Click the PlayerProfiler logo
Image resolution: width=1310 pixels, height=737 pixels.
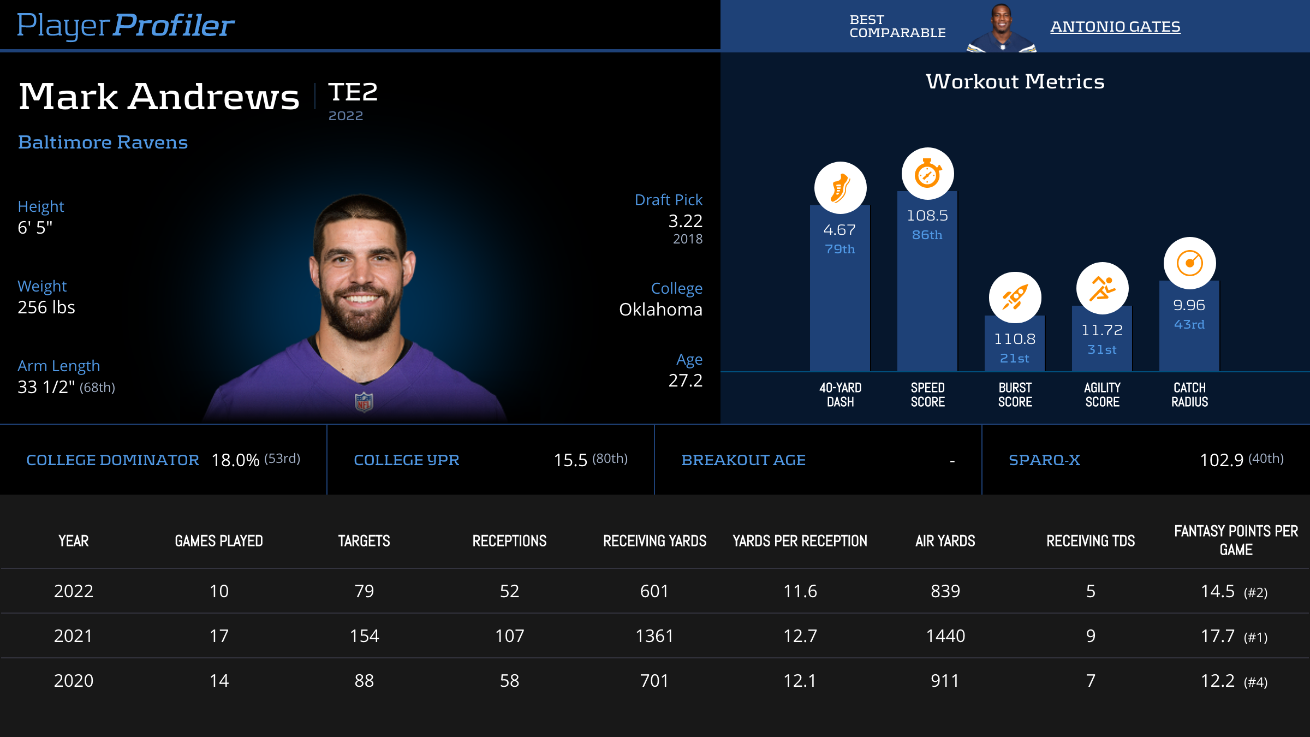[x=126, y=25]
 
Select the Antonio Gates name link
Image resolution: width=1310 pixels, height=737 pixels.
[x=1115, y=26]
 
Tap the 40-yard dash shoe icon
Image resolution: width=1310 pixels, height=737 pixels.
[x=840, y=188]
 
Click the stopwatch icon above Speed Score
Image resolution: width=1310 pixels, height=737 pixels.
[x=927, y=174]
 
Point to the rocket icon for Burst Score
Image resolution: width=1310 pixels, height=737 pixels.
[x=1015, y=298]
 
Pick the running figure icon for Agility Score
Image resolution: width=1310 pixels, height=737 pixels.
[x=1102, y=288]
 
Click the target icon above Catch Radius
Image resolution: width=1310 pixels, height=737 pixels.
[x=1189, y=263]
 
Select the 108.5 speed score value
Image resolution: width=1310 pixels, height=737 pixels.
[x=927, y=216]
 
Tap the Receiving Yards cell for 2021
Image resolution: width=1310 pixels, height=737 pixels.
[x=654, y=636]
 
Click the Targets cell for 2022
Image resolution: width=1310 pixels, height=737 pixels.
[x=364, y=591]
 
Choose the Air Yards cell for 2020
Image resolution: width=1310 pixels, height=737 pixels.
[x=945, y=681]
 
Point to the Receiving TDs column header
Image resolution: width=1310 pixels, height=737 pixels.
[x=1091, y=541]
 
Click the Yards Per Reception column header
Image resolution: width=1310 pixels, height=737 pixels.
[x=800, y=541]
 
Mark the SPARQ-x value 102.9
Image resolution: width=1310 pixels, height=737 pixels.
[x=1222, y=460]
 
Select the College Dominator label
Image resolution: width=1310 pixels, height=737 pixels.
[x=112, y=460]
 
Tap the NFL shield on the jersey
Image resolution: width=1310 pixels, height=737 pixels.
[x=364, y=402]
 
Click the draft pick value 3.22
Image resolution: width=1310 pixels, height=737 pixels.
[x=685, y=221]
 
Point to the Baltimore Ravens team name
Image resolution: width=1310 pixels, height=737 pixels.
[x=103, y=142]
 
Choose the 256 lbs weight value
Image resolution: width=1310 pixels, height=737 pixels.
[x=46, y=307]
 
